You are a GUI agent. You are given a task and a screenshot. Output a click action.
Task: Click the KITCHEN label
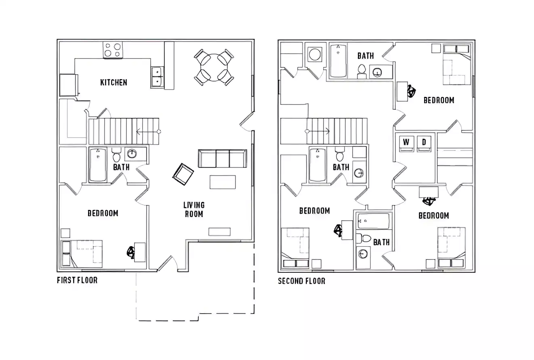[114, 82]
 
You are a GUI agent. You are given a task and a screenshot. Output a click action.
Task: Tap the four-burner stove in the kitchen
[113, 50]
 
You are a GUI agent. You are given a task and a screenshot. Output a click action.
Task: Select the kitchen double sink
[157, 77]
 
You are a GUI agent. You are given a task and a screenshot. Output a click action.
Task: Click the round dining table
[214, 67]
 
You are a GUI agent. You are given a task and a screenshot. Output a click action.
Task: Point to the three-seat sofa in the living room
[222, 159]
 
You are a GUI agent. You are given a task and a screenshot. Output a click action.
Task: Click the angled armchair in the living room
[183, 174]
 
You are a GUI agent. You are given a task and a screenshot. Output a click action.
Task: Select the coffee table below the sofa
[223, 182]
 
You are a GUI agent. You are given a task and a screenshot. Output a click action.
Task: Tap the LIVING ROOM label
[194, 209]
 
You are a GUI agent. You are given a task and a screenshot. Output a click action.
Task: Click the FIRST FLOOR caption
[77, 280]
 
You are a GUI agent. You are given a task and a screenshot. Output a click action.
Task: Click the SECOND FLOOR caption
[301, 281]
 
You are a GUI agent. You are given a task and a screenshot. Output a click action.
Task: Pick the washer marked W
[406, 143]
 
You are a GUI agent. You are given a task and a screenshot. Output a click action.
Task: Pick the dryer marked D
[424, 143]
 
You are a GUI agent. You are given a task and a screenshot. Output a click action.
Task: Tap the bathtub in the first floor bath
[98, 165]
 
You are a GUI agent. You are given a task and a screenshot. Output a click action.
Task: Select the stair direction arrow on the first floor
[147, 131]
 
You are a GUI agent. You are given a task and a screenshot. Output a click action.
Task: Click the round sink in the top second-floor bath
[377, 72]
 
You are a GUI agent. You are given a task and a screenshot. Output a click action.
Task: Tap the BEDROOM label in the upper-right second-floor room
[439, 100]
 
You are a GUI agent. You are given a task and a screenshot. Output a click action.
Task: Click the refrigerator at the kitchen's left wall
[67, 85]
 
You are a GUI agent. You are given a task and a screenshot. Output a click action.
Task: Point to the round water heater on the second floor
[315, 54]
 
